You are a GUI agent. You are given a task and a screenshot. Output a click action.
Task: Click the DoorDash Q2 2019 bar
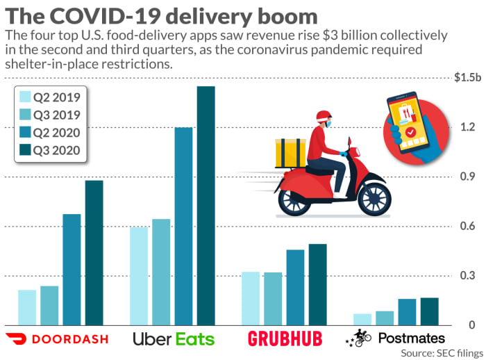click(x=27, y=307)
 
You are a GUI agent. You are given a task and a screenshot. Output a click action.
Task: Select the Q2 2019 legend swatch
click(x=26, y=97)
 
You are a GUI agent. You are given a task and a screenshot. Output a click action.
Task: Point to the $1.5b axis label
click(x=467, y=79)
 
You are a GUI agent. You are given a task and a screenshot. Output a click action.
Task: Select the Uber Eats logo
click(x=174, y=339)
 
